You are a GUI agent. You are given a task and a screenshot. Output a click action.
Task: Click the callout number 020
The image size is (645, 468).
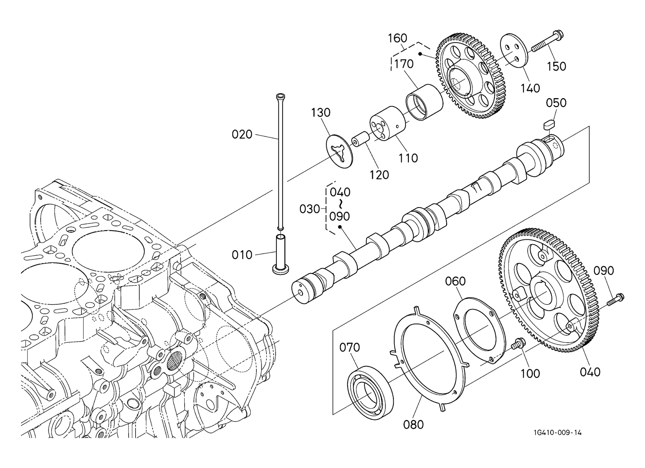242,134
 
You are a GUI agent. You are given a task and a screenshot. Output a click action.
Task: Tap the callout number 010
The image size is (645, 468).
242,255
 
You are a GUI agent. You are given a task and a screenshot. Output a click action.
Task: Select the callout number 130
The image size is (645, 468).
321,113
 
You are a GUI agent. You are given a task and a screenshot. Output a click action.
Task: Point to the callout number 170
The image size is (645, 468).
404,64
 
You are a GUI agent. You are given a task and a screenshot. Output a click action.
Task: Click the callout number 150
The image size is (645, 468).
556,66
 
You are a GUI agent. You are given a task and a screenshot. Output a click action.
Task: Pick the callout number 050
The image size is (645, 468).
556,103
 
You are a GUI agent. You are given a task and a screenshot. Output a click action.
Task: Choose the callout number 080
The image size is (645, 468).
413,425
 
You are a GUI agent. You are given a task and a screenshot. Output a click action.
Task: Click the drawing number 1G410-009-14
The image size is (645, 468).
558,441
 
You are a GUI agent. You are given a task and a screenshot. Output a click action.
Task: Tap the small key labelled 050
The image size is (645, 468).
549,125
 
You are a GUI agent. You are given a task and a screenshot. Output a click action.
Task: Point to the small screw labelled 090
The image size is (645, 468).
616,299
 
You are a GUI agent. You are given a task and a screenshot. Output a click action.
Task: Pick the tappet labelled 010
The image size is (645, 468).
281,254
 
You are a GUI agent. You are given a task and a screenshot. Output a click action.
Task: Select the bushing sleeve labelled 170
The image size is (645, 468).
424,102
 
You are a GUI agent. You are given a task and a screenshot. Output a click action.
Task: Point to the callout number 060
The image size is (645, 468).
455,281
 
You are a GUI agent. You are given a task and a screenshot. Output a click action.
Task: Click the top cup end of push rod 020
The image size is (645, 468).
280,96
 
